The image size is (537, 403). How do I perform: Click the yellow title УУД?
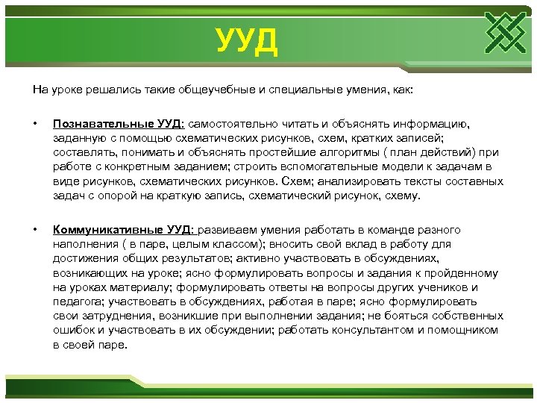point(247,42)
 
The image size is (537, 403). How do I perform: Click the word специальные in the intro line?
point(292,90)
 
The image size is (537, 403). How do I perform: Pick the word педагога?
point(78,302)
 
